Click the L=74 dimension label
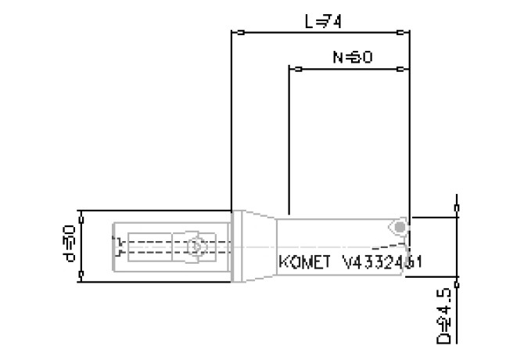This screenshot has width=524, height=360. (x=322, y=22)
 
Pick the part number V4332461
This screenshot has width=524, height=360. (x=382, y=263)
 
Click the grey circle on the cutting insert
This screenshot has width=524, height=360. (x=400, y=227)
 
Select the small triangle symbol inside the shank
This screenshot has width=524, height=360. (x=196, y=247)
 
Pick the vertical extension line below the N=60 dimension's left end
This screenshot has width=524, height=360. (x=289, y=141)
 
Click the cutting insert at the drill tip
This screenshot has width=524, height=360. (x=399, y=226)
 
